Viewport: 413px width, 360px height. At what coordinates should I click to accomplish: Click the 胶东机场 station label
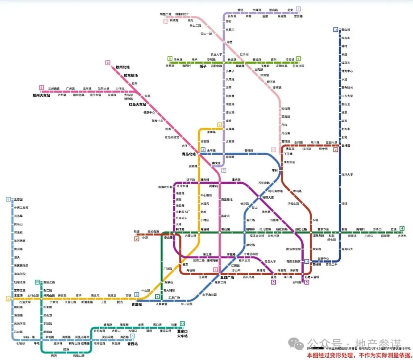tap(130, 75)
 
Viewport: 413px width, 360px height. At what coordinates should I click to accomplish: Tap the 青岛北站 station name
tap(189, 154)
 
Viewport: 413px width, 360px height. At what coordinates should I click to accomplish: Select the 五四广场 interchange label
tap(227, 277)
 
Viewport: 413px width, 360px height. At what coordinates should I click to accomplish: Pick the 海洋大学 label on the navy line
tap(347, 175)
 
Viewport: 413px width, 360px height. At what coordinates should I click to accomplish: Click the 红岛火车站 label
tap(137, 104)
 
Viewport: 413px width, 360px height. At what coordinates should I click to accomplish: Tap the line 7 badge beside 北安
tap(298, 9)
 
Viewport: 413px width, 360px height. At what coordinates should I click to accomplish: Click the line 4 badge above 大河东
tap(402, 229)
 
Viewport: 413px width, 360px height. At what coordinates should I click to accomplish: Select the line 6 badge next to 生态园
tap(8, 199)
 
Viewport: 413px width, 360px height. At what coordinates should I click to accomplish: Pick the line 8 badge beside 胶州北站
tap(108, 63)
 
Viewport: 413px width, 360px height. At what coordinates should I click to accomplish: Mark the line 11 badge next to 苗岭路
tap(307, 261)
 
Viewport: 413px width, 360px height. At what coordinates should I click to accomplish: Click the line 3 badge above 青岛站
tap(137, 294)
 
